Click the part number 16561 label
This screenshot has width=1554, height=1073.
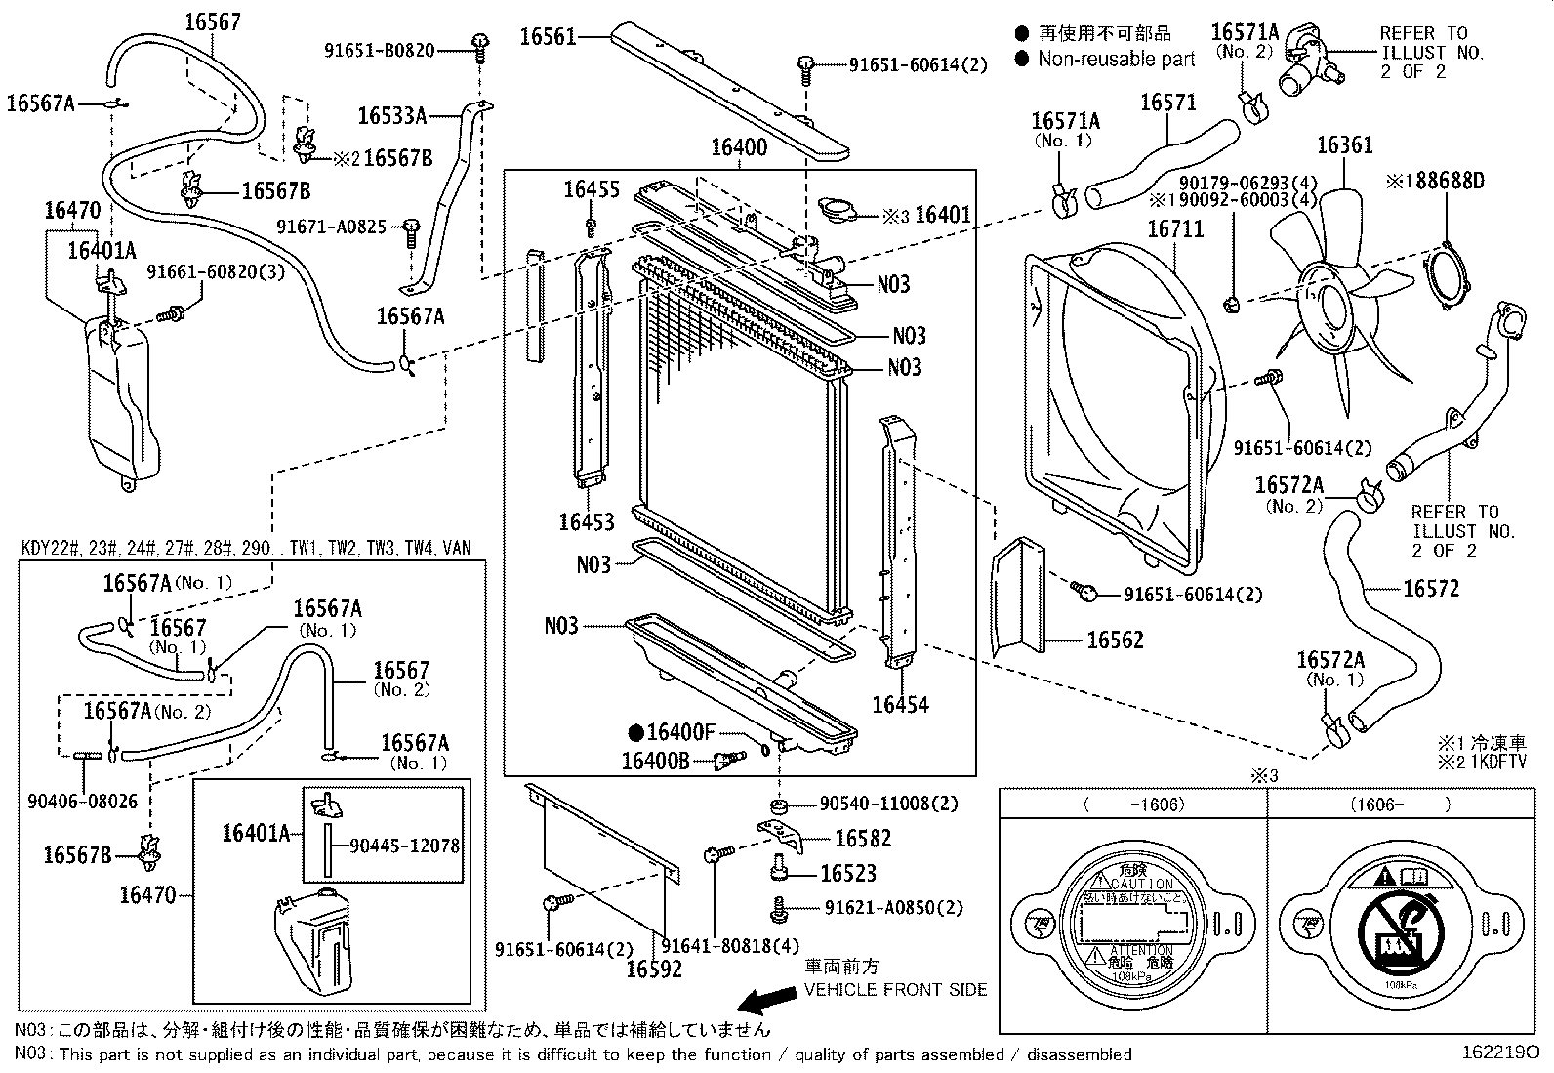(548, 37)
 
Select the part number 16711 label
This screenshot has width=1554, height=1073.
(1175, 229)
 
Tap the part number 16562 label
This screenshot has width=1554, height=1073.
(1115, 640)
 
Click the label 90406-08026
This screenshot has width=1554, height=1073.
(83, 802)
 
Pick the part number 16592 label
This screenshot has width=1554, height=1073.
(653, 970)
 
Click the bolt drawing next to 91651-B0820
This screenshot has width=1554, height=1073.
(480, 46)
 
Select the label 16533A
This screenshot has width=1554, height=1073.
(391, 116)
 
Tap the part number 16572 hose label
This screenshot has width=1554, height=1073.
(1431, 588)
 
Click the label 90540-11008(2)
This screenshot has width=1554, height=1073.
(888, 804)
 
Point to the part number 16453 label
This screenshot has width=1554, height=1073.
(587, 522)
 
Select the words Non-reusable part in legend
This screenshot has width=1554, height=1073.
(1116, 60)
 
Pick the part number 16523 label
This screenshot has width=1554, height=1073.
(848, 874)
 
